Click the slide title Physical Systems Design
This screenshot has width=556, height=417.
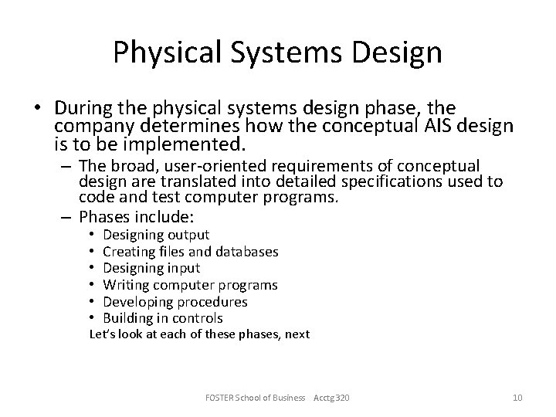[277, 53]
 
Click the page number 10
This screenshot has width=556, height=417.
[517, 397]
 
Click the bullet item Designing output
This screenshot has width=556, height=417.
[156, 234]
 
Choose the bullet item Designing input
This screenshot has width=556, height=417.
[151, 268]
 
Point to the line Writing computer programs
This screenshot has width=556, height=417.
[190, 285]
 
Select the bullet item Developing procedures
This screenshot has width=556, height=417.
[175, 301]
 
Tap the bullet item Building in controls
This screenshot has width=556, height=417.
[163, 318]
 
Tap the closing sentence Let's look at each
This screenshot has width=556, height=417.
[200, 334]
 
